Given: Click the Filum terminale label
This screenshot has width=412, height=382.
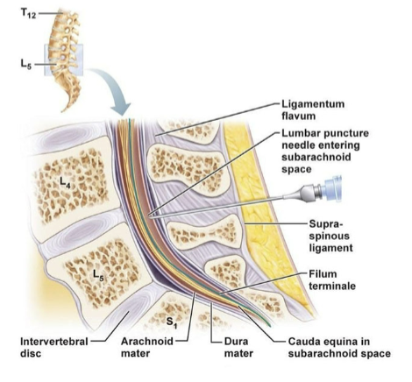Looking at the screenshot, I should point(330,279).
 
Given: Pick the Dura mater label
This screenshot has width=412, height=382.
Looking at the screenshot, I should point(229,348).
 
